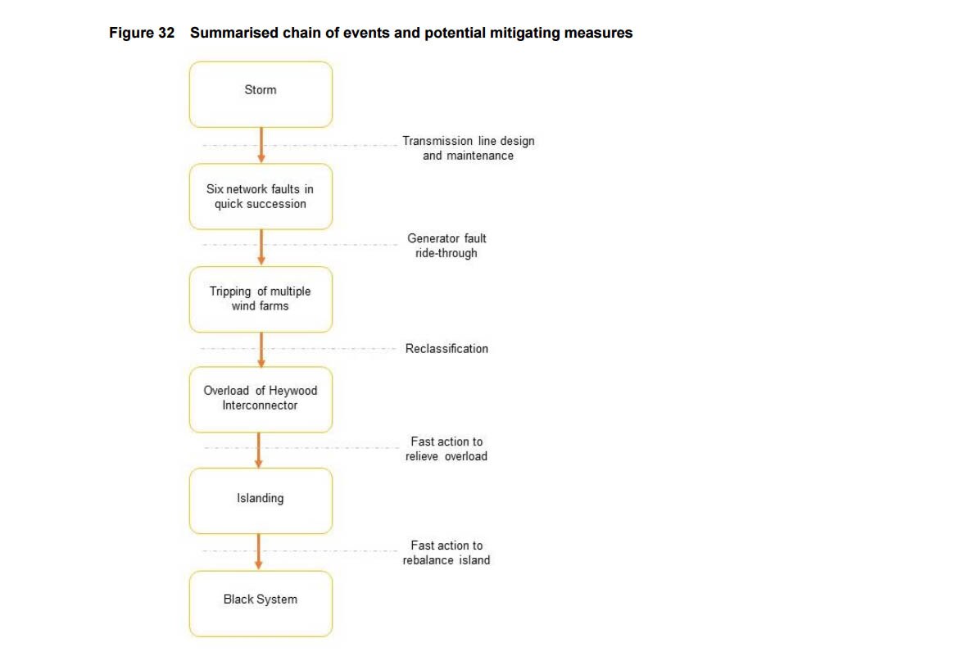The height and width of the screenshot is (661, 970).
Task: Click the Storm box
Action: pyautogui.click(x=261, y=94)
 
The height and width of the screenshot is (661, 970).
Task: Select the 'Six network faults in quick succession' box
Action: pyautogui.click(x=261, y=197)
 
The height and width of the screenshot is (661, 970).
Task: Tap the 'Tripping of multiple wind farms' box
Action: pyautogui.click(x=261, y=299)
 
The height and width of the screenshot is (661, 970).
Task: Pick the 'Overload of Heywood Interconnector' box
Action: pyautogui.click(x=261, y=399)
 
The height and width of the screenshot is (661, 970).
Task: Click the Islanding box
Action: pyautogui.click(x=261, y=500)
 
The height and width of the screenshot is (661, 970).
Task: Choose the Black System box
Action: pyautogui.click(x=261, y=603)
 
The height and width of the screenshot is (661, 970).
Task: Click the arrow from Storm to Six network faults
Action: pyautogui.click(x=261, y=145)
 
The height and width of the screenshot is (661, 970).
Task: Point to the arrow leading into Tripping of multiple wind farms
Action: pyautogui.click(x=261, y=247)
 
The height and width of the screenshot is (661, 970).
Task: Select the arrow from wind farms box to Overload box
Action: pyautogui.click(x=261, y=349)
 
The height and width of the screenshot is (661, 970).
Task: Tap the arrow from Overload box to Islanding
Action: pyautogui.click(x=259, y=450)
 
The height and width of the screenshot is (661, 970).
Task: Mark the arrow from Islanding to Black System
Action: pyautogui.click(x=259, y=551)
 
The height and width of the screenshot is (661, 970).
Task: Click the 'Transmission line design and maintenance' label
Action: pyautogui.click(x=468, y=148)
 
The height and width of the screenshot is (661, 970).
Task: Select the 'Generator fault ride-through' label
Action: pyautogui.click(x=446, y=246)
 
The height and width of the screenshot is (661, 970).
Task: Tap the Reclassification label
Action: pyautogui.click(x=446, y=349)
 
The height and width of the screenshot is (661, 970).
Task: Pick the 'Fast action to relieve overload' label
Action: pyautogui.click(x=446, y=449)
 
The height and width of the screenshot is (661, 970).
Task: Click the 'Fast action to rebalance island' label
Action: pyautogui.click(x=446, y=553)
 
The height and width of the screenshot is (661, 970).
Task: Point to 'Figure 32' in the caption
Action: pyautogui.click(x=142, y=34)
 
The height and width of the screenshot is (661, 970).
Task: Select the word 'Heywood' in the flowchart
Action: pyautogui.click(x=293, y=391)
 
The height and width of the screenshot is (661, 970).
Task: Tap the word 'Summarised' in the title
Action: pyautogui.click(x=228, y=34)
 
